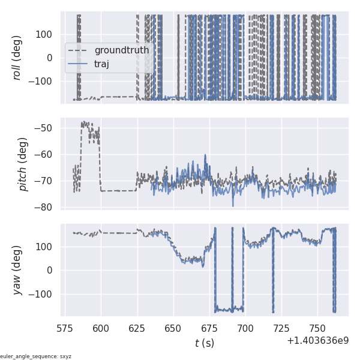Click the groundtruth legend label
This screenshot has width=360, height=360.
pos(122,50)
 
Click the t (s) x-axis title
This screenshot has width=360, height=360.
pos(204,343)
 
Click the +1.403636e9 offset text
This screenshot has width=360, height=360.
pos(317,340)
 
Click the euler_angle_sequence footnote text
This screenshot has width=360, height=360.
pos(36,356)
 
